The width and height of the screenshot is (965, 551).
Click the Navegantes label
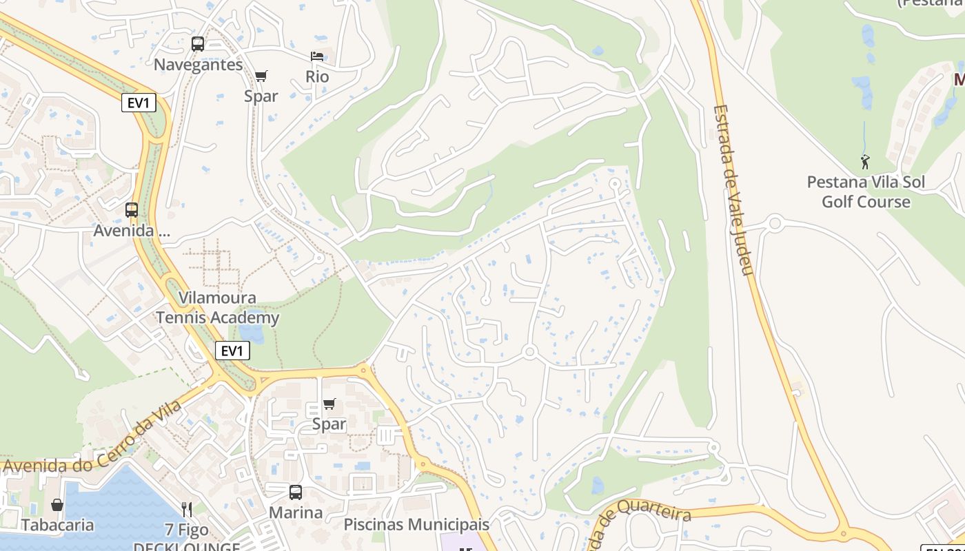tap(198, 65)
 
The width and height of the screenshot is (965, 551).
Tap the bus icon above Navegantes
tap(198, 44)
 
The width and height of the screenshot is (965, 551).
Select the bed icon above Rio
tap(317, 56)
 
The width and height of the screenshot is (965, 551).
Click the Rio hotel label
tap(317, 76)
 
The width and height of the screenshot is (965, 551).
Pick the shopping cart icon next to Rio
tap(261, 76)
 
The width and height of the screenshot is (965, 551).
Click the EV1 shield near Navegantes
tap(139, 103)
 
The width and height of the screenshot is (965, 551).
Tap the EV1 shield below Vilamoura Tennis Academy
tap(232, 351)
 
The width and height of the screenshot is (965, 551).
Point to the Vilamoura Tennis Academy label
tap(217, 308)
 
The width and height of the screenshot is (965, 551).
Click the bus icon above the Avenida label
tap(132, 210)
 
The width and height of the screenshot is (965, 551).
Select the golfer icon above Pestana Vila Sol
tap(865, 162)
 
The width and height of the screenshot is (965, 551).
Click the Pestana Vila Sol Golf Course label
tap(866, 192)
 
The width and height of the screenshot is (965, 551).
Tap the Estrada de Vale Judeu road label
tap(732, 189)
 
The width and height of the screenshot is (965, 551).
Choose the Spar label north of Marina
tap(329, 424)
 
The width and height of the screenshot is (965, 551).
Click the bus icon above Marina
tap(296, 492)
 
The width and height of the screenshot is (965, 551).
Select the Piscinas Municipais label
tap(416, 525)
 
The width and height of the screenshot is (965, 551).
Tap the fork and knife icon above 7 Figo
tap(187, 510)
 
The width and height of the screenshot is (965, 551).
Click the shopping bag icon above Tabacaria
tap(57, 505)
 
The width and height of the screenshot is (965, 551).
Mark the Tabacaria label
tap(57, 526)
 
